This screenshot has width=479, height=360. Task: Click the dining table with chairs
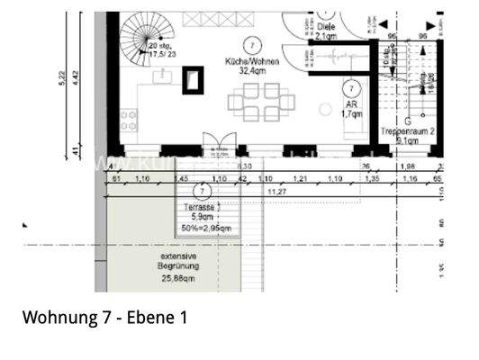pyautogui.click(x=256, y=102)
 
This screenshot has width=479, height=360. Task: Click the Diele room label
pyautogui.click(x=326, y=26)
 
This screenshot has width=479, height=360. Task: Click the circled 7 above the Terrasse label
pyautogui.click(x=203, y=192)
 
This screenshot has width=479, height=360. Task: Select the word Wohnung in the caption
pyautogui.click(x=58, y=318)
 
